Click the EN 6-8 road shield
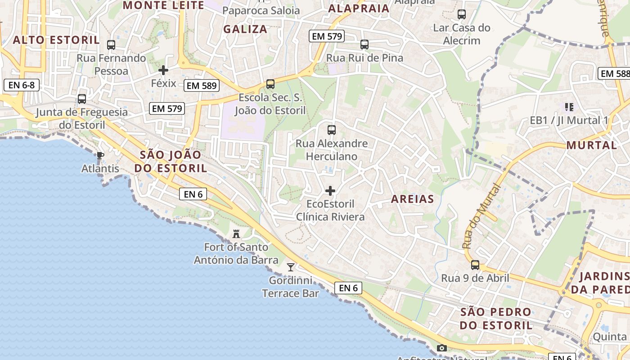click(x=22, y=85)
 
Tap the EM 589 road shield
click(x=201, y=85)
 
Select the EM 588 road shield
click(x=614, y=73)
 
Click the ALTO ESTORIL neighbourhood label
click(x=56, y=40)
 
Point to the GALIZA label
click(x=245, y=29)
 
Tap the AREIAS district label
click(x=412, y=199)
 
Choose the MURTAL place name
click(x=591, y=145)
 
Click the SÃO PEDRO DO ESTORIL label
click(x=496, y=318)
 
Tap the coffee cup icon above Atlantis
click(x=100, y=156)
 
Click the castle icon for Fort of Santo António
click(x=236, y=234)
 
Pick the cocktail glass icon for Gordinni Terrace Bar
click(x=291, y=267)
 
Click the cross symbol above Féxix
click(x=163, y=70)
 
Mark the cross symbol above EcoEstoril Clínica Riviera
click(x=330, y=191)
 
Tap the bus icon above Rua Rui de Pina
click(x=364, y=45)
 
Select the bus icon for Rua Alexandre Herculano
click(x=332, y=130)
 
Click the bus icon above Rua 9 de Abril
click(x=475, y=265)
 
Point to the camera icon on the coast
click(x=442, y=348)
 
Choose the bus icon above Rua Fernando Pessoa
click(x=111, y=45)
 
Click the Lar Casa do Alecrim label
click(x=462, y=34)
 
